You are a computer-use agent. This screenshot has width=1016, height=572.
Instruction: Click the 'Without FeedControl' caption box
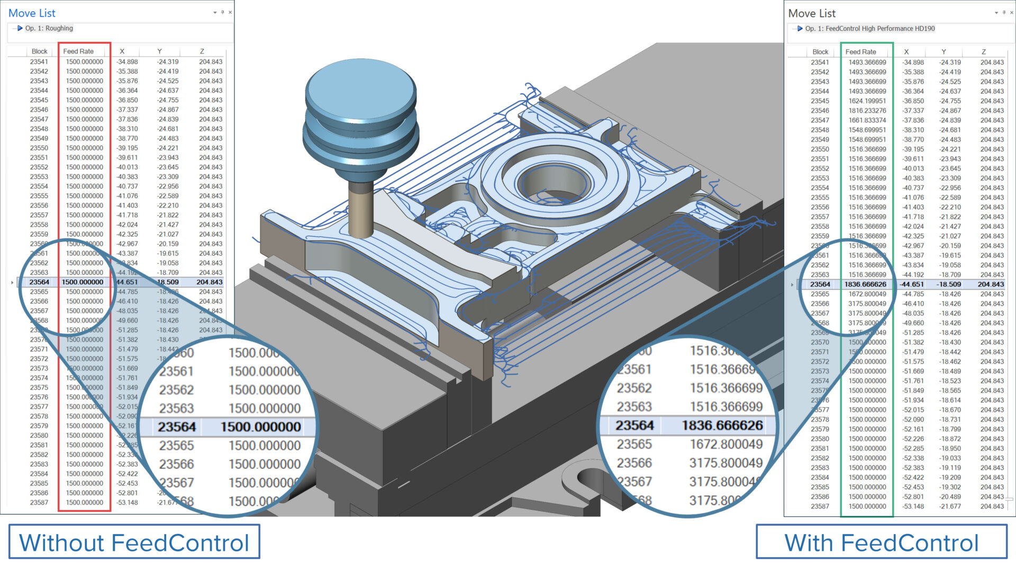[134, 542]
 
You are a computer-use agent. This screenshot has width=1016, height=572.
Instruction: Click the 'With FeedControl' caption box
[881, 542]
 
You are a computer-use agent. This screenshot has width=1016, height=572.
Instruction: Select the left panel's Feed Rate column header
[78, 51]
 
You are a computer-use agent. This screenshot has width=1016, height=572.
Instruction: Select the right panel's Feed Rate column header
[860, 52]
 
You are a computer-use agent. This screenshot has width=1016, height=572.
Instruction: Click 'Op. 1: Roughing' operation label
[49, 29]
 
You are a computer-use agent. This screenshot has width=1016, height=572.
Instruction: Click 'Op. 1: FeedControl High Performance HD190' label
[869, 29]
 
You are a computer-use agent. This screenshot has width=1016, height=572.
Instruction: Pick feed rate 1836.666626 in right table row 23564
[865, 284]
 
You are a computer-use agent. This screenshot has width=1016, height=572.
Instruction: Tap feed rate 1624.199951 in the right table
[867, 101]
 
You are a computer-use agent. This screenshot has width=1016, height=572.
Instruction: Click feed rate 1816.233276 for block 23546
[867, 111]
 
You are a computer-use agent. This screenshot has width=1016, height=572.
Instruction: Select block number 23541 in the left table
[39, 62]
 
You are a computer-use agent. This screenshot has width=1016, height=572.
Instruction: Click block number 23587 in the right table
[820, 506]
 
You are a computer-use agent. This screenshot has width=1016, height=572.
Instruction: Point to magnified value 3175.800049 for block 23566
[725, 463]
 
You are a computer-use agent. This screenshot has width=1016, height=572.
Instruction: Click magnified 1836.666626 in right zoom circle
[722, 425]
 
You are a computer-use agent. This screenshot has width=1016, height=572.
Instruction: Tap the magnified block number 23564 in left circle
[177, 427]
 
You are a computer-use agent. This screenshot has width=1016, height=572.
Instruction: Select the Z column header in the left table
[202, 51]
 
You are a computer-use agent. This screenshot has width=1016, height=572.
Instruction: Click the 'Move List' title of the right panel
[812, 13]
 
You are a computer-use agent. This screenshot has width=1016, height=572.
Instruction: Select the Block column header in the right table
[820, 52]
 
